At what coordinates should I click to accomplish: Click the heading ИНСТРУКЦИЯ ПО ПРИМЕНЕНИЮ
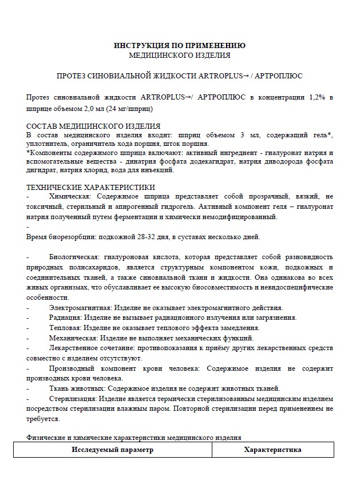pos(180,45)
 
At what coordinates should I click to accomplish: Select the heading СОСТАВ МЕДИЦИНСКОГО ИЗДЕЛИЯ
pos(93,126)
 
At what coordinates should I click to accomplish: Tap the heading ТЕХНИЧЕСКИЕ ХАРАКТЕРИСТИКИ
pos(90,187)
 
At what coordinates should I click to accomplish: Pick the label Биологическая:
pos(74,257)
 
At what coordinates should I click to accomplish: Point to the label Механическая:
pos(72,338)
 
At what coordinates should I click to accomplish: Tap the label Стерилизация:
pos(73,398)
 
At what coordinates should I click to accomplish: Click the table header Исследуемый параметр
pos(113,450)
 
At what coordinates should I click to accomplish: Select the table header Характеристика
pos(272,450)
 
